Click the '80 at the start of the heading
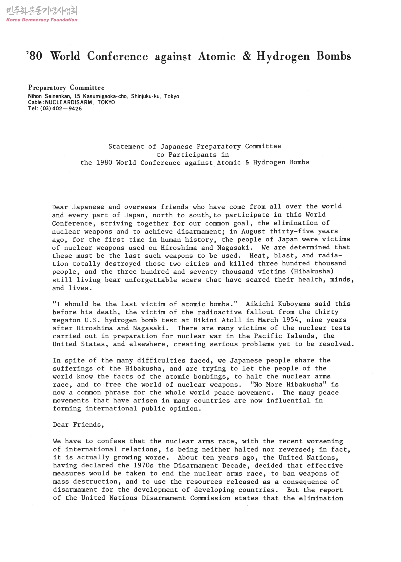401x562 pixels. click(34, 56)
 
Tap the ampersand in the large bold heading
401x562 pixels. click(246, 56)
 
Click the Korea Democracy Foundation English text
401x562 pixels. click(42, 20)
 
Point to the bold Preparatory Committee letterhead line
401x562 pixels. click(66, 88)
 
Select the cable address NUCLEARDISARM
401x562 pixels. click(68, 102)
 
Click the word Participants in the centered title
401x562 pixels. click(192, 154)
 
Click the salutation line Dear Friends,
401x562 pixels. click(78, 425)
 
